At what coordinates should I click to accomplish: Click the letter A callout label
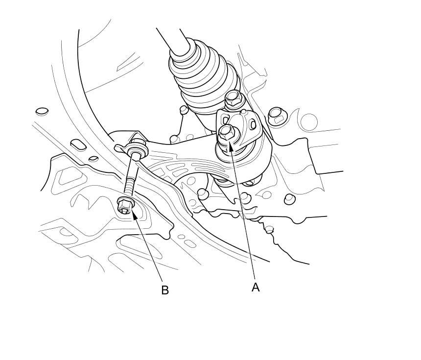(256, 287)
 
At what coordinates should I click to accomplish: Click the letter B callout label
(165, 290)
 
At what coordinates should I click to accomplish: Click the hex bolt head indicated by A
(226, 133)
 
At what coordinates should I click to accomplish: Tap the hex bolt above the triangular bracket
(233, 98)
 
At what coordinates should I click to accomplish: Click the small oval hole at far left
(42, 111)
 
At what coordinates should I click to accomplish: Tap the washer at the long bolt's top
(137, 149)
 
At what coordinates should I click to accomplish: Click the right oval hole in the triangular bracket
(253, 124)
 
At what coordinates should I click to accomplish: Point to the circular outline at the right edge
(309, 121)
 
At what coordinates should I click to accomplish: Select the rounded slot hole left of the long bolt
(78, 144)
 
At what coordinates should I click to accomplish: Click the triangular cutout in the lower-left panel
(65, 176)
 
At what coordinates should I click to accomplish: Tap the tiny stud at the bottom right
(269, 229)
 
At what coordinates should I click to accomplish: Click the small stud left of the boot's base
(184, 110)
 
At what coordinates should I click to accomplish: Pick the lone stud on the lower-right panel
(290, 199)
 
